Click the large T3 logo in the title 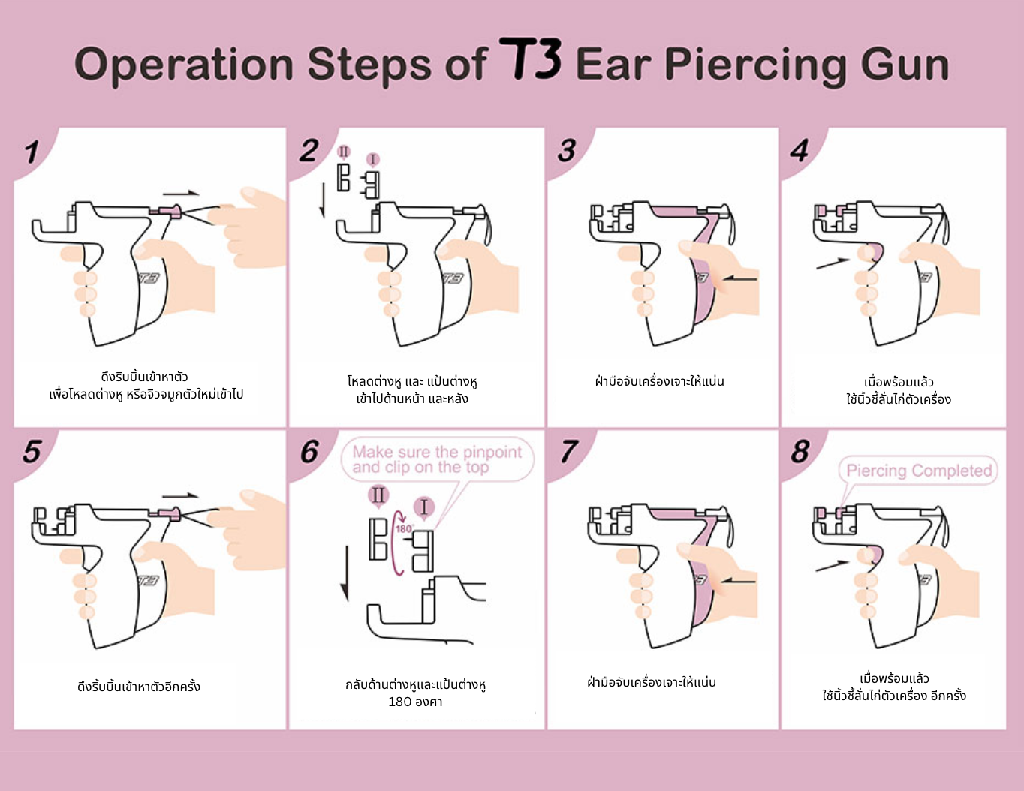point(530,59)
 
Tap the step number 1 point(31,152)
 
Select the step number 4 point(799,151)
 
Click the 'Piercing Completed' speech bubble point(918,471)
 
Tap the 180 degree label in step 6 point(404,529)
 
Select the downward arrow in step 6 point(345,573)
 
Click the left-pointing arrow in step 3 point(739,279)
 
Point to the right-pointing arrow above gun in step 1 point(181,194)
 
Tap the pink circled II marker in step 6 point(378,495)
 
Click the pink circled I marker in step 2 point(373,159)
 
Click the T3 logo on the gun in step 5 point(148,581)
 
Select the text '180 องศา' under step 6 point(415,702)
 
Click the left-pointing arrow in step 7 point(738,580)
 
